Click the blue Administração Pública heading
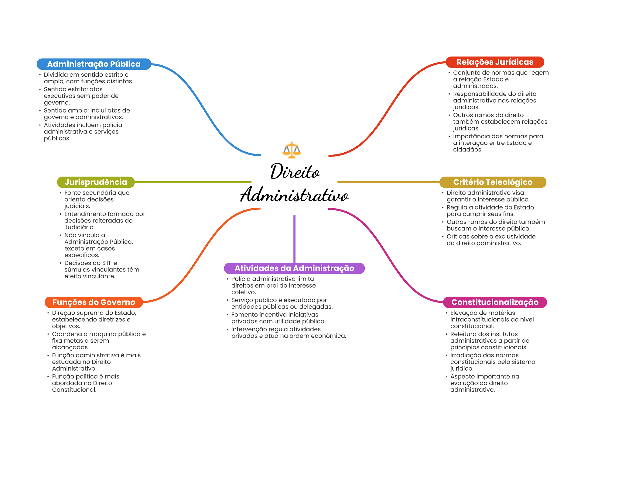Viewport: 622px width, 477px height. pyautogui.click(x=94, y=64)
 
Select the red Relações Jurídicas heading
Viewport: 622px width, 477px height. pyautogui.click(x=494, y=62)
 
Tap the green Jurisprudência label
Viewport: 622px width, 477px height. pyautogui.click(x=96, y=182)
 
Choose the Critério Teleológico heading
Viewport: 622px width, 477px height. pyautogui.click(x=493, y=182)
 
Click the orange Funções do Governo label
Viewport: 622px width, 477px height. pyautogui.click(x=94, y=302)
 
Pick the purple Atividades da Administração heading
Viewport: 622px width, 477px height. pyautogui.click(x=294, y=268)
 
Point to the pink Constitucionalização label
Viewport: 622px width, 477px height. pyautogui.click(x=494, y=302)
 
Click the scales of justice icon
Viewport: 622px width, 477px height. pyautogui.click(x=292, y=150)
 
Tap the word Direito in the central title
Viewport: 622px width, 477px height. pyautogui.click(x=295, y=172)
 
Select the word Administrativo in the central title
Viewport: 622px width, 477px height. pyautogui.click(x=294, y=195)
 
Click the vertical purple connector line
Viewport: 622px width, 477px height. pyautogui.click(x=294, y=239)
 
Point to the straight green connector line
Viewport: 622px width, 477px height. pyautogui.click(x=193, y=182)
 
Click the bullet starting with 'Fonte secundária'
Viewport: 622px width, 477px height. pyautogui.click(x=97, y=199)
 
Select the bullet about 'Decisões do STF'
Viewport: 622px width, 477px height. pyautogui.click(x=101, y=270)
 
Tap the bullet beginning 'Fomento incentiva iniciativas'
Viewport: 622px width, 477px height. pyautogui.click(x=278, y=318)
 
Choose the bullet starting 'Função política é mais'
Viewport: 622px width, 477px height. pyautogui.click(x=85, y=383)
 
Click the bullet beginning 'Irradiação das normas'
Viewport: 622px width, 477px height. pyautogui.click(x=492, y=362)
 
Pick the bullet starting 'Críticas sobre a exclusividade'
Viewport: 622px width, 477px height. pyautogui.click(x=490, y=240)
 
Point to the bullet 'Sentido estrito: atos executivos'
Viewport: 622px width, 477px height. pyautogui.click(x=81, y=96)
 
